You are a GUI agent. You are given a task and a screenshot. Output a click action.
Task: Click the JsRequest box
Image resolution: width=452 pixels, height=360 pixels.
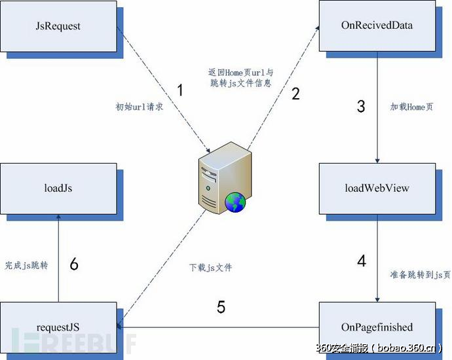tap(59, 26)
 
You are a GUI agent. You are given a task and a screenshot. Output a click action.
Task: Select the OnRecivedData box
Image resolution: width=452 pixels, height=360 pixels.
tap(377, 26)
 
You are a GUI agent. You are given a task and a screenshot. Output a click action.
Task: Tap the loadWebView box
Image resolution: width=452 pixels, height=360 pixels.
tap(377, 188)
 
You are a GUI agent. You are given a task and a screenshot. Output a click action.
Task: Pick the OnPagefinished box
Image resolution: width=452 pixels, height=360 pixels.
tap(377, 327)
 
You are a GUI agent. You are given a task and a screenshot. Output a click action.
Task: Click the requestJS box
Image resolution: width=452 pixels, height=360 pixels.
tap(59, 327)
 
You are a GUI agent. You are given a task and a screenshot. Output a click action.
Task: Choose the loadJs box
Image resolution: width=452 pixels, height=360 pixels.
tap(59, 188)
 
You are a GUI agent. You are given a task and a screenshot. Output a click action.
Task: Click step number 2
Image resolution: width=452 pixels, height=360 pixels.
tap(295, 94)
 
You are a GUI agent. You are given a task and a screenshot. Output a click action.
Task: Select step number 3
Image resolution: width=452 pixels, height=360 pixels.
tap(361, 106)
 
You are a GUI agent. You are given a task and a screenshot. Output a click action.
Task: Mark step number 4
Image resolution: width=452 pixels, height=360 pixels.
tap(362, 261)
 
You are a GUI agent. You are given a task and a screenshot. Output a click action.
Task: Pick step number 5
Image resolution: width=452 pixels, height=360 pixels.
tap(221, 306)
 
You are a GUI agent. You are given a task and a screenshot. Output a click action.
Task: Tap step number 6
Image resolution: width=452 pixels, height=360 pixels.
tap(74, 264)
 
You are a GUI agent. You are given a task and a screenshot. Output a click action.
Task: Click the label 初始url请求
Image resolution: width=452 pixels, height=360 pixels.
tap(139, 106)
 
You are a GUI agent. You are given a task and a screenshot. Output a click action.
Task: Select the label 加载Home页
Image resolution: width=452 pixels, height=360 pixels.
tap(411, 106)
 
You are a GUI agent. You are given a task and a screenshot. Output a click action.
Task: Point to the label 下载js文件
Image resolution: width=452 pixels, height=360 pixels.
tap(210, 267)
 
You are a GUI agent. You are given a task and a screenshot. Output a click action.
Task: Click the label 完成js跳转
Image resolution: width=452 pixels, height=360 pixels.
tap(26, 265)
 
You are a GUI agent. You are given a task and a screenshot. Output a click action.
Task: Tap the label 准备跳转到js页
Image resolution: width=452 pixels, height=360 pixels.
tap(420, 275)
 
